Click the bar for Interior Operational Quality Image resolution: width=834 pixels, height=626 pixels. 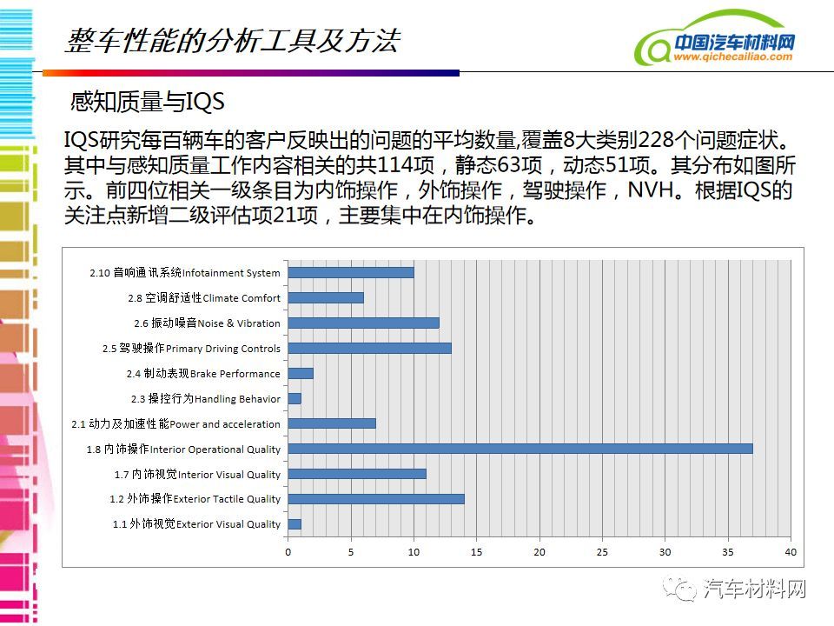point(520,449)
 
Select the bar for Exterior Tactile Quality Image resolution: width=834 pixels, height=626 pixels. point(376,499)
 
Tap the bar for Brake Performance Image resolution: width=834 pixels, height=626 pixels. point(301,373)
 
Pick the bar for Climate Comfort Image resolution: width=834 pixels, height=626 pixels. point(326,297)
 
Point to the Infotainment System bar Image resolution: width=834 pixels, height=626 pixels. point(351,272)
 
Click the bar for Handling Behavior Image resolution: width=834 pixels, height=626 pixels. point(295,398)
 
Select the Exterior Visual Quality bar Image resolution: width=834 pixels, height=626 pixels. point(295,524)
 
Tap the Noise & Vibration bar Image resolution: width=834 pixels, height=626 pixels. point(364,323)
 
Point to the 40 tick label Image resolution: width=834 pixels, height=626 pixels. point(791,552)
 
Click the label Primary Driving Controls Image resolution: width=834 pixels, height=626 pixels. point(223,349)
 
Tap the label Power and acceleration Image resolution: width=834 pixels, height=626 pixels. point(224,424)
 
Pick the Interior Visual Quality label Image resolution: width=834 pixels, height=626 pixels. point(229,475)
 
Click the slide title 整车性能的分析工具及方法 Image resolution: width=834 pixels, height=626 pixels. point(233,41)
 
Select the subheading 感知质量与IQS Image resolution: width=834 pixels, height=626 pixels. point(148,101)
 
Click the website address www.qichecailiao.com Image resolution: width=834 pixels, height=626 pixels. point(733,57)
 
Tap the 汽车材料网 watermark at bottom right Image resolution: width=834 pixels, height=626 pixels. point(754,589)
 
